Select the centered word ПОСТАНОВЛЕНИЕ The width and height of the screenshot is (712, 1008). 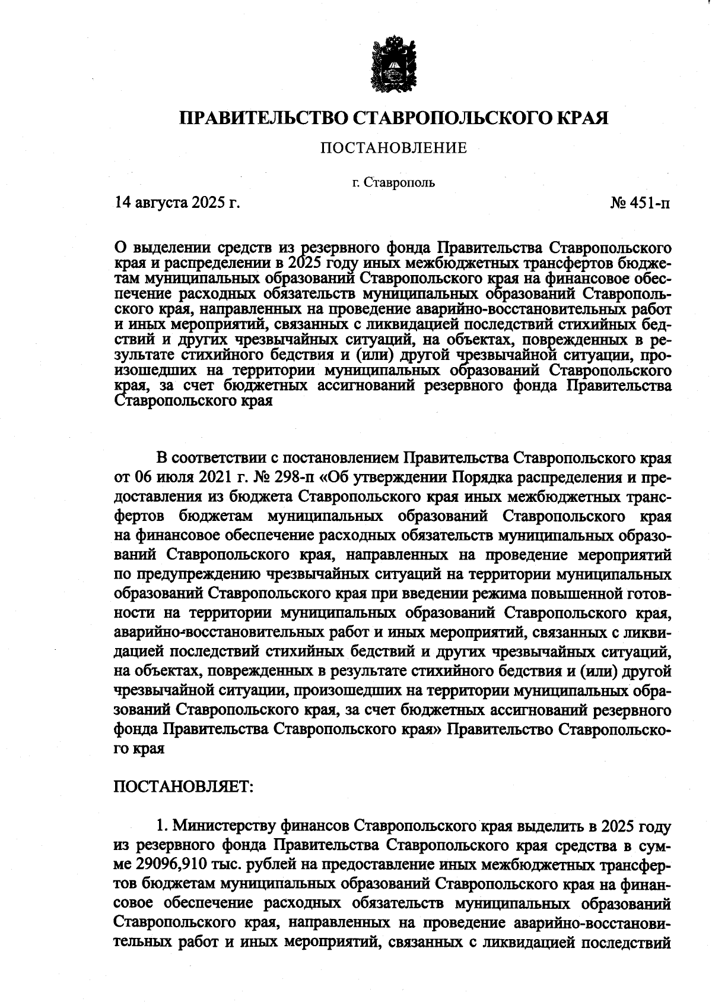click(394, 148)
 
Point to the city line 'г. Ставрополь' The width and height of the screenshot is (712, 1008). click(393, 182)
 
